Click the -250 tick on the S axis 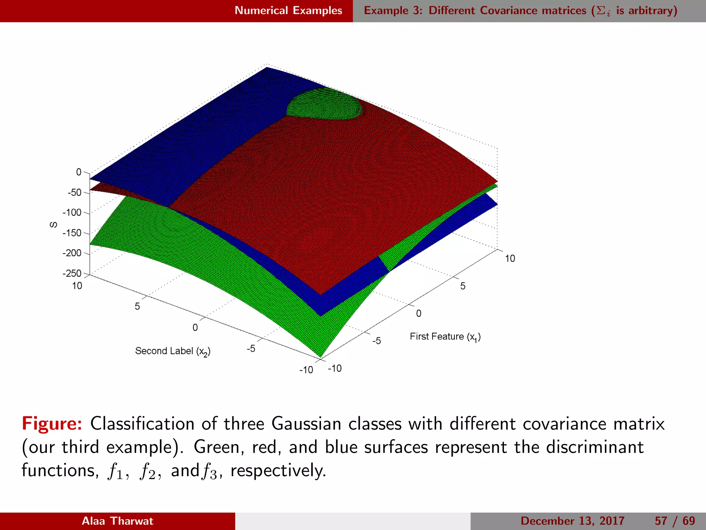pyautogui.click(x=72, y=274)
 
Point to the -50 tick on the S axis pyautogui.click(x=74, y=193)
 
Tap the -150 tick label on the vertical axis pyautogui.click(x=72, y=233)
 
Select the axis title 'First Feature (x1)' pyautogui.click(x=445, y=337)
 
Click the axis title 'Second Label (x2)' pyautogui.click(x=172, y=351)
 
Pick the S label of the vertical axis pyautogui.click(x=53, y=225)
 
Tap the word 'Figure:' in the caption pyautogui.click(x=52, y=424)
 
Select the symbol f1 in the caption pyautogui.click(x=115, y=471)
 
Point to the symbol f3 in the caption pyautogui.click(x=209, y=471)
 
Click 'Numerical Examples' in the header pyautogui.click(x=288, y=11)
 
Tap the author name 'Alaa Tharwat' pyautogui.click(x=117, y=521)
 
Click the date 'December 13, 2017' pyautogui.click(x=572, y=521)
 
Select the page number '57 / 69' pyautogui.click(x=675, y=521)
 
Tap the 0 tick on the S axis pyautogui.click(x=79, y=172)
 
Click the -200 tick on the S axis pyautogui.click(x=72, y=253)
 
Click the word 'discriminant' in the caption pyautogui.click(x=595, y=447)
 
